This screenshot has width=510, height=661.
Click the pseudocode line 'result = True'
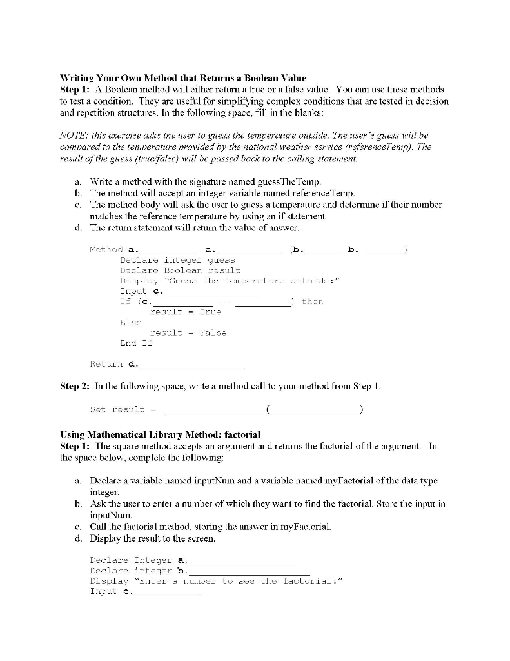tap(185, 312)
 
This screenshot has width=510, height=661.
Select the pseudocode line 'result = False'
tap(188, 333)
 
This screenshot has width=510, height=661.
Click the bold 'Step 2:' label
tap(75, 387)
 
